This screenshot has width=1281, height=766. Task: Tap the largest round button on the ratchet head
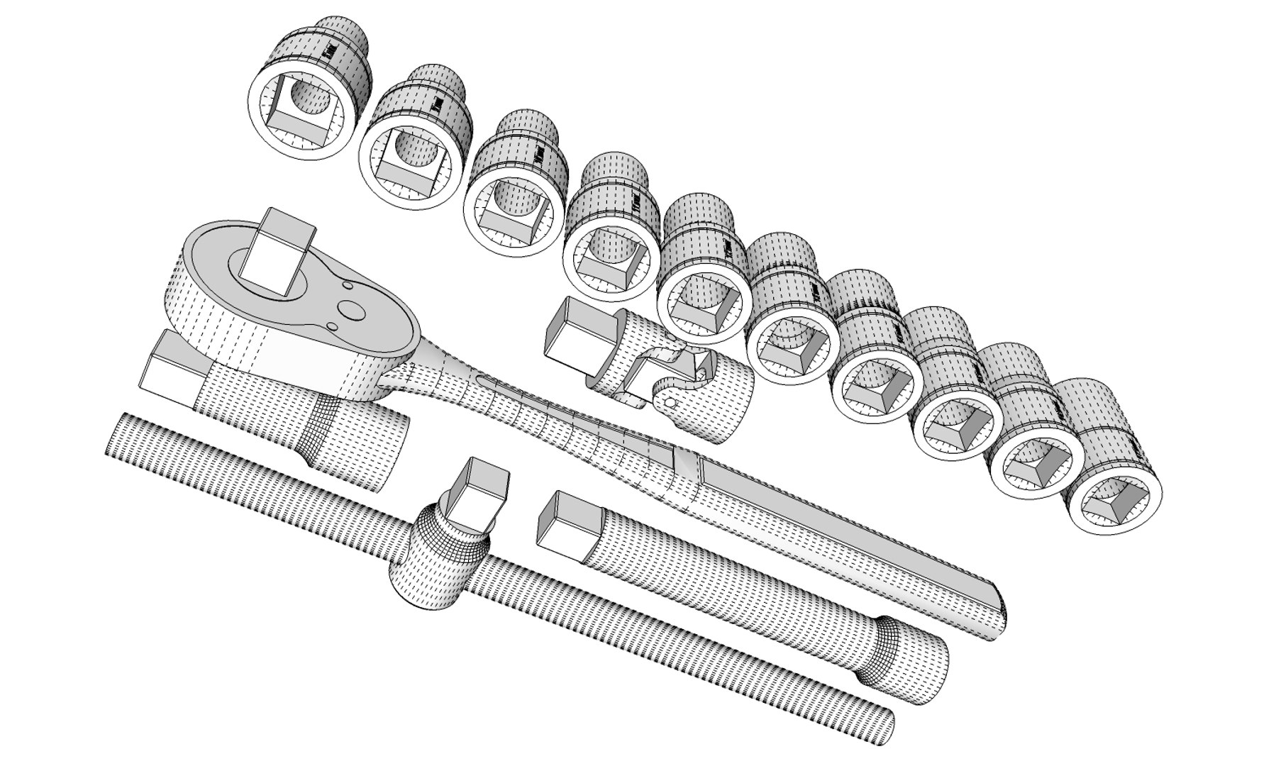[x=352, y=310]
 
